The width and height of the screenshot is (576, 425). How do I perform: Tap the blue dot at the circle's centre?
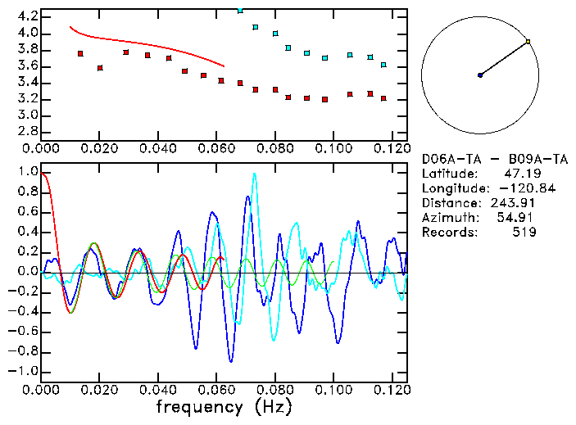(x=480, y=75)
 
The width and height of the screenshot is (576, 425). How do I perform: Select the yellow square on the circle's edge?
(x=528, y=41)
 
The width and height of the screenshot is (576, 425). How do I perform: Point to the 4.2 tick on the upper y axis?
(x=27, y=16)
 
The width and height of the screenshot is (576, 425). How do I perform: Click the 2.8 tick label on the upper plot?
(x=27, y=132)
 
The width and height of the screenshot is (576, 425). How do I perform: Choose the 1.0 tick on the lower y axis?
(x=27, y=172)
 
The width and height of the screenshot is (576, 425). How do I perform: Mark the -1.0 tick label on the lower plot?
(x=25, y=371)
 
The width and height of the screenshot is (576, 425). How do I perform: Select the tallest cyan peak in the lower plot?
(x=254, y=174)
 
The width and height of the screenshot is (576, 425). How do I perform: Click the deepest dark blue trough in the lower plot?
(x=231, y=361)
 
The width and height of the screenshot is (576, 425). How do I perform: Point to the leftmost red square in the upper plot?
(x=80, y=54)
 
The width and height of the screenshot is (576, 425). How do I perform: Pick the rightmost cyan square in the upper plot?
(x=383, y=65)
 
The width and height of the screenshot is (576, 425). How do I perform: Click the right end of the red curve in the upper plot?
(x=224, y=66)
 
